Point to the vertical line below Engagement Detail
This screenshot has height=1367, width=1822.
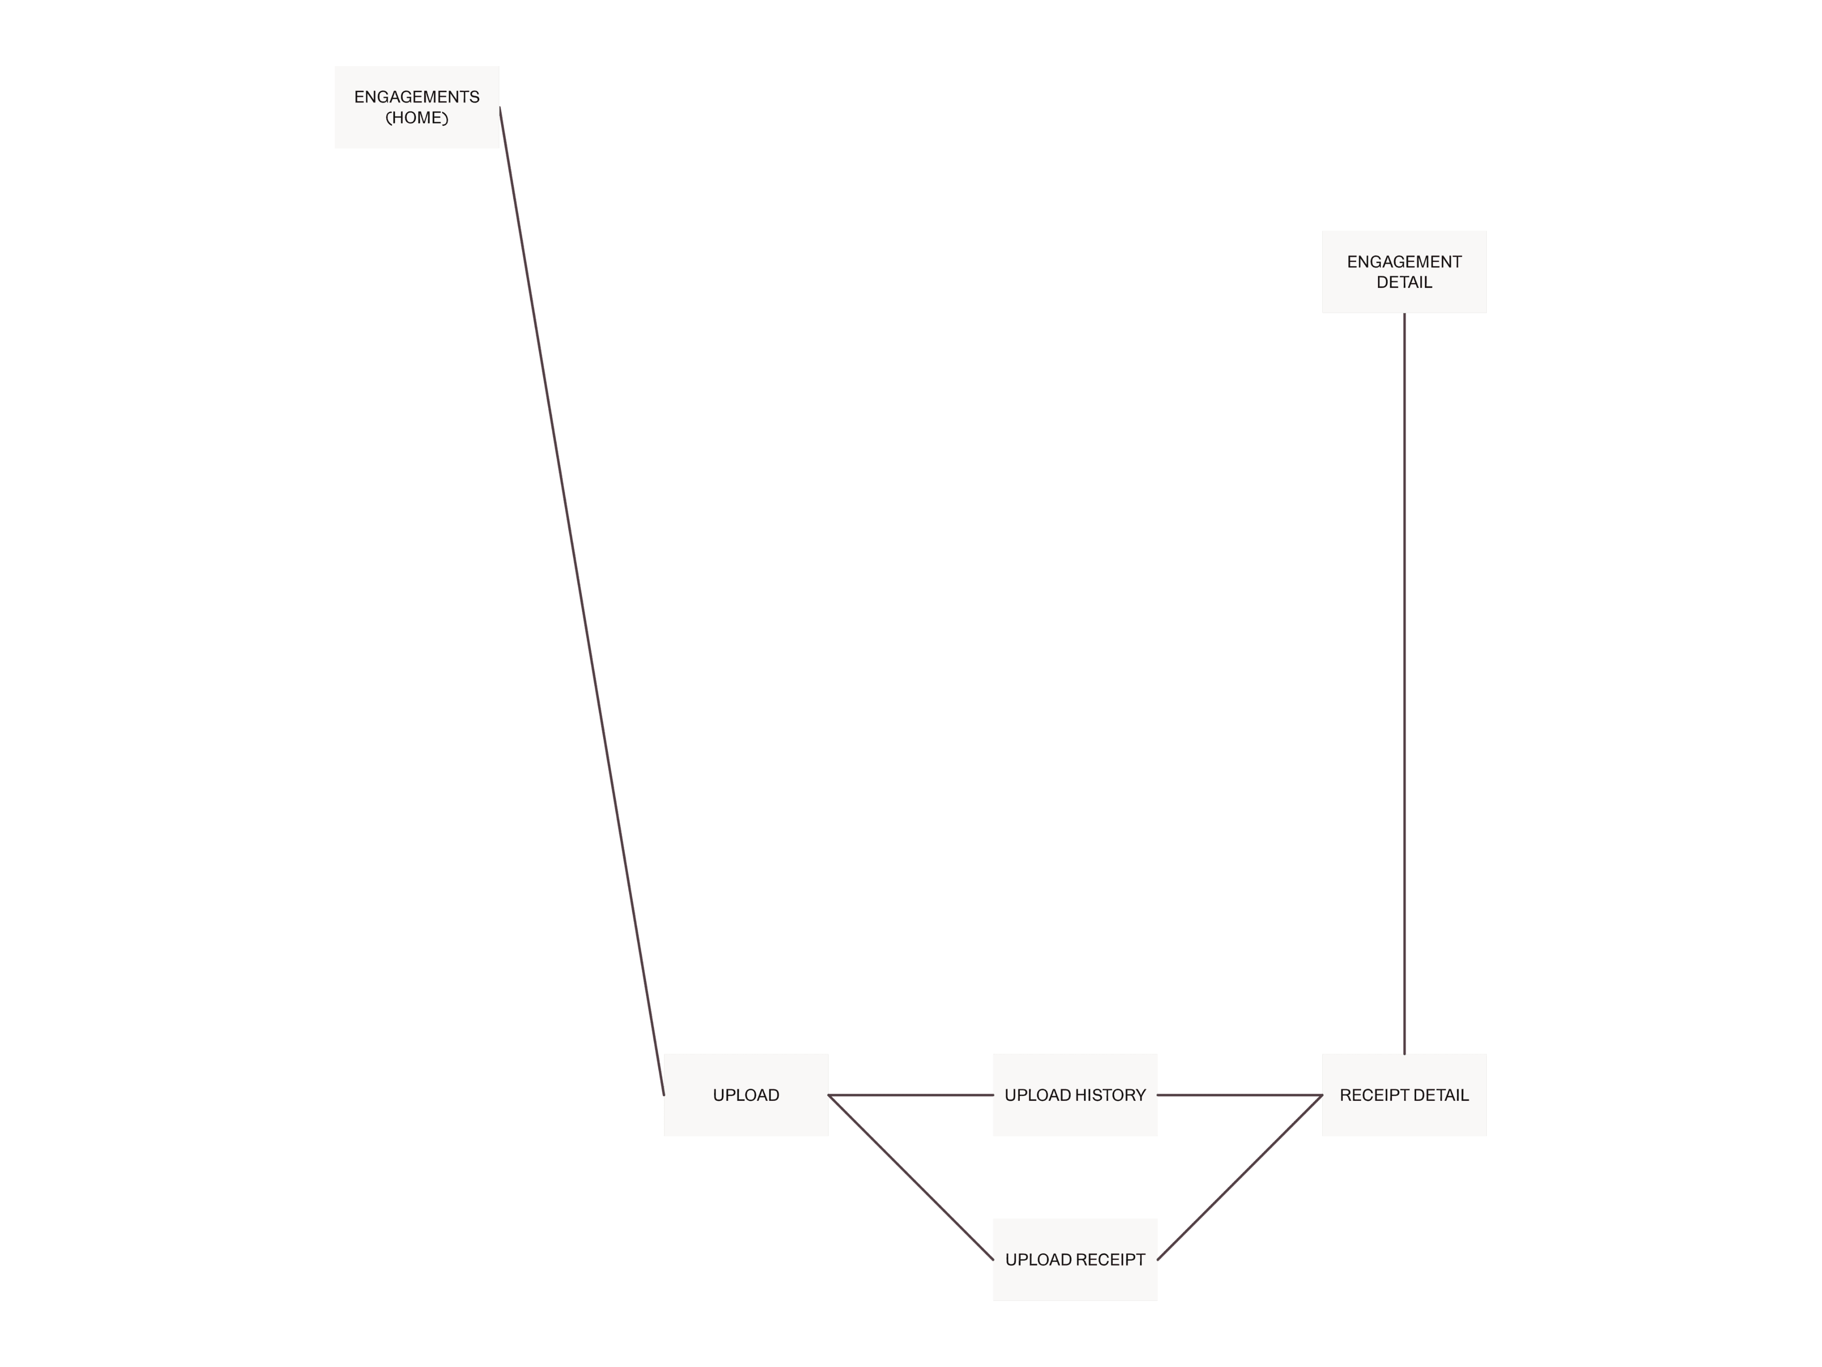point(1404,684)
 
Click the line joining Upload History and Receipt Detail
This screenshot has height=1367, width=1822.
point(1240,1095)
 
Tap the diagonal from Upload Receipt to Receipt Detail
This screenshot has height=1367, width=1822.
point(1240,1177)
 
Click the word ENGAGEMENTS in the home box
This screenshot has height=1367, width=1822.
point(417,97)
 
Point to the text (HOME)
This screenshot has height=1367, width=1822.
point(417,118)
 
